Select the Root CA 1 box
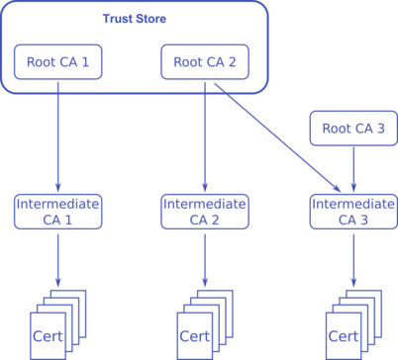pyautogui.click(x=57, y=63)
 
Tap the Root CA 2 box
pyautogui.click(x=204, y=63)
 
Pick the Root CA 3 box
pyautogui.click(x=353, y=127)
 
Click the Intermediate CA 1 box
pyautogui.click(x=57, y=212)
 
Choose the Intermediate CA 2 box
pyautogui.click(x=204, y=212)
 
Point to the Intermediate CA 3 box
pyautogui.click(x=353, y=212)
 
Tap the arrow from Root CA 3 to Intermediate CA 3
pyautogui.click(x=353, y=168)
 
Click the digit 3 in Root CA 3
pyautogui.click(x=382, y=127)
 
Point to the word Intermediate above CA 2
pyautogui.click(x=204, y=204)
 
